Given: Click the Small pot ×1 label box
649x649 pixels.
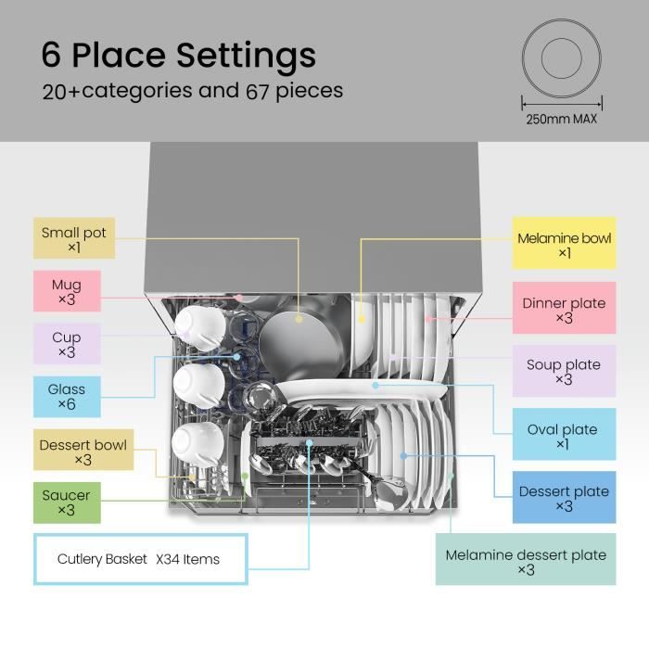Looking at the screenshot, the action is point(74,238).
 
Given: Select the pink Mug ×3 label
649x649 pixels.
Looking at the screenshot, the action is point(67,291).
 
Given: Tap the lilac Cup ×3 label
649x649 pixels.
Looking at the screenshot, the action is point(67,344).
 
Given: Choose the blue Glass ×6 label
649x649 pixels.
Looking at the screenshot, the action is point(67,397).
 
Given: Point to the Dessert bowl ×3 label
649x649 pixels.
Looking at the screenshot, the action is point(83,450).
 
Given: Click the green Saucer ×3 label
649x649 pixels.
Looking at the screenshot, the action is point(67,503).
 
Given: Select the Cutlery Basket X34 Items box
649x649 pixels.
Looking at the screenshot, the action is point(141,559).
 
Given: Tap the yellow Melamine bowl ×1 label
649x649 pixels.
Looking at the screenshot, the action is point(564,243).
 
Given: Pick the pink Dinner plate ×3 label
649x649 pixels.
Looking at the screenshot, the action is point(564,308).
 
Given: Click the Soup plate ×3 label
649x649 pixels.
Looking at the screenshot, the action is point(564,371).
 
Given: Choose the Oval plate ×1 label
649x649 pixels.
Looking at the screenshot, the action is point(564,434).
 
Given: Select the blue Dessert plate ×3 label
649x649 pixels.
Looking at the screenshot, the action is point(564,497).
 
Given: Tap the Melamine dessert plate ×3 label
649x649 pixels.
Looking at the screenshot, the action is point(526,559).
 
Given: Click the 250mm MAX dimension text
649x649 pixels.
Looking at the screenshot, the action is point(561,120).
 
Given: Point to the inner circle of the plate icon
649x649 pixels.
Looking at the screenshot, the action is point(561,57).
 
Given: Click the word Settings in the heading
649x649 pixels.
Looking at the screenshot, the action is point(247,57).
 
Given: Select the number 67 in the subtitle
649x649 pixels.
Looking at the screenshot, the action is point(257,92).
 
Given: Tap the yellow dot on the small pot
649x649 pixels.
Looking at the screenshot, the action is point(299,319).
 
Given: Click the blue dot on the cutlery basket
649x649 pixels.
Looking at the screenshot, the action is point(309,443).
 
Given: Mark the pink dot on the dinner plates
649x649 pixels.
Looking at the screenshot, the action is point(429,318).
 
